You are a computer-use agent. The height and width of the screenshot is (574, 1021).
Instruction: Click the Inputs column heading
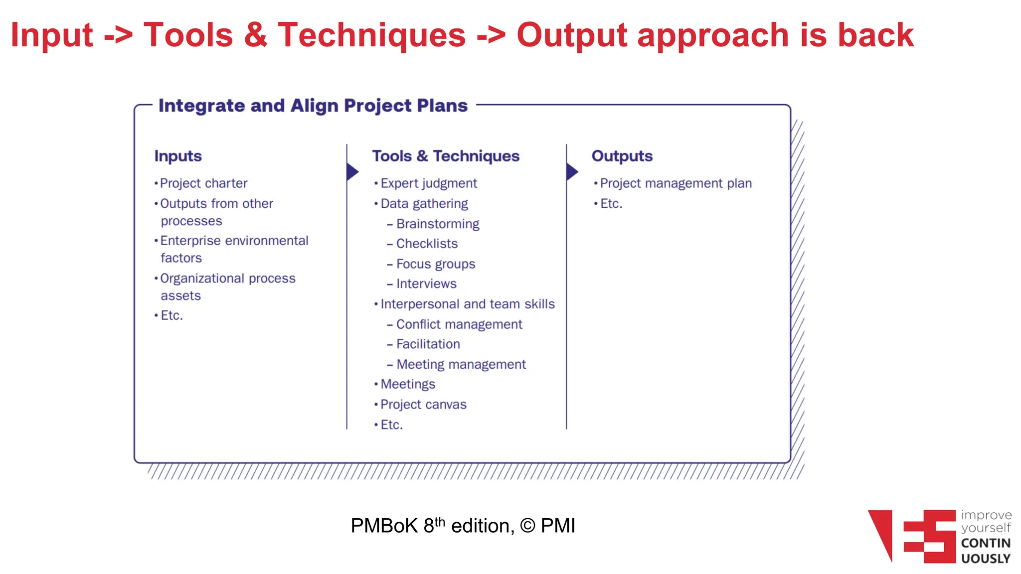click(178, 156)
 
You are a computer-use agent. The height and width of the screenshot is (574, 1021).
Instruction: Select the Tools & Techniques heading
click(446, 156)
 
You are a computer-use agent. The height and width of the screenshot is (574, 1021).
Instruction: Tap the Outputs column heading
click(622, 156)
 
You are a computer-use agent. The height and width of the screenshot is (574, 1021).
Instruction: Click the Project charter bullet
click(203, 183)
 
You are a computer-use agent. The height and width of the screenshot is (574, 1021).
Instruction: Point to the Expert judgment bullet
click(429, 183)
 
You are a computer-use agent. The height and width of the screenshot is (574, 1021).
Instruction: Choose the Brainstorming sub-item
click(437, 224)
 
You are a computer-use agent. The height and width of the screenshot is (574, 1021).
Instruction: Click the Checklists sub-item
click(427, 244)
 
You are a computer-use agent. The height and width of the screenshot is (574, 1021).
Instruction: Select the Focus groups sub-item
click(435, 264)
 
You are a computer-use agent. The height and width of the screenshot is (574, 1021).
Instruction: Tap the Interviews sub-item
click(426, 284)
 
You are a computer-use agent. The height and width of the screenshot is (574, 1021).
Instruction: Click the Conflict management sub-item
click(459, 324)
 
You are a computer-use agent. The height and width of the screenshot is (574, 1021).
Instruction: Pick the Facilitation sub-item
click(428, 344)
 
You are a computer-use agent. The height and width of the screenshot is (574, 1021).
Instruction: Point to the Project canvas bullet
click(423, 405)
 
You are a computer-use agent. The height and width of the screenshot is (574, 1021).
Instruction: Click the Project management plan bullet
click(676, 183)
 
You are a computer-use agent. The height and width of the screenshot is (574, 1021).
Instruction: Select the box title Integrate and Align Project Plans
click(313, 106)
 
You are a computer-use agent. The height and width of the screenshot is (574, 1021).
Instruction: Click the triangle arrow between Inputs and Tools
click(352, 172)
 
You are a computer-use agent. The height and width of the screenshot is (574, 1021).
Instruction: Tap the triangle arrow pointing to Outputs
click(572, 172)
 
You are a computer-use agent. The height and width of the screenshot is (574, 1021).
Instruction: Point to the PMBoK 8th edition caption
click(463, 526)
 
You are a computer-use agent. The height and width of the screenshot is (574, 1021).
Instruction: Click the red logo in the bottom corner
click(912, 536)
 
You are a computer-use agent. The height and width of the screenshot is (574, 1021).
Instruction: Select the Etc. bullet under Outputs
click(611, 204)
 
